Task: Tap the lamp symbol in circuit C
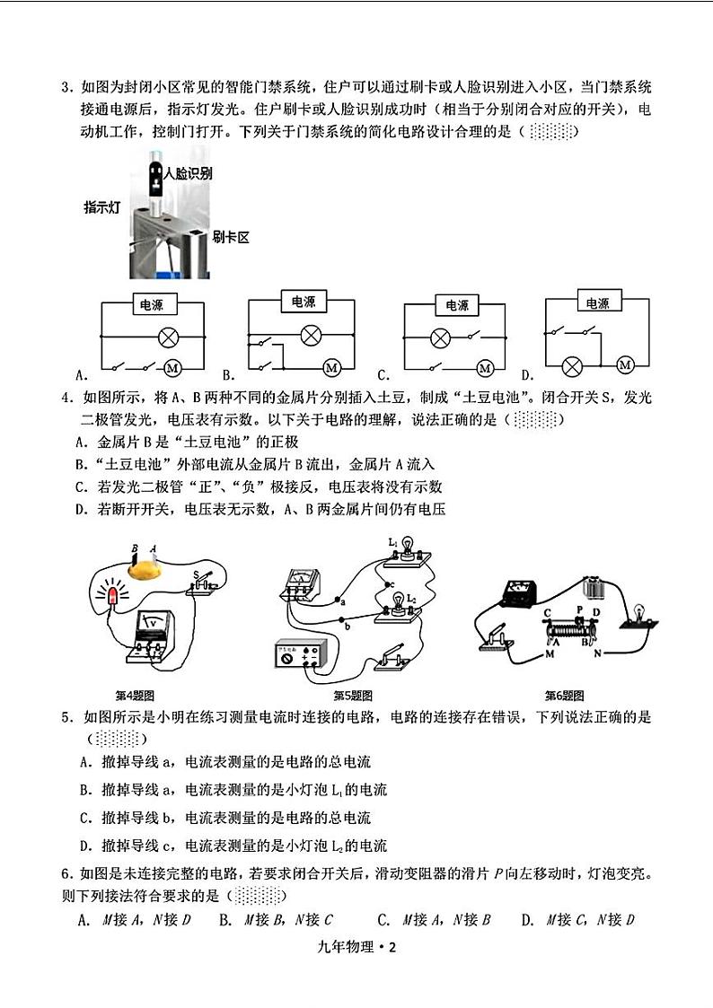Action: pyautogui.click(x=440, y=338)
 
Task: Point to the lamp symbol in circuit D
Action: pyautogui.click(x=572, y=366)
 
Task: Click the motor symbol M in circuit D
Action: pyautogui.click(x=626, y=363)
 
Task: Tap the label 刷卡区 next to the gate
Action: pyautogui.click(x=230, y=237)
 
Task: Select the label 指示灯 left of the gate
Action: pyautogui.click(x=102, y=207)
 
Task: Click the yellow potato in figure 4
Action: pyautogui.click(x=145, y=568)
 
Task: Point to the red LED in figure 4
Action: pyautogui.click(x=114, y=596)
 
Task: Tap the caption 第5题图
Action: pyautogui.click(x=353, y=696)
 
